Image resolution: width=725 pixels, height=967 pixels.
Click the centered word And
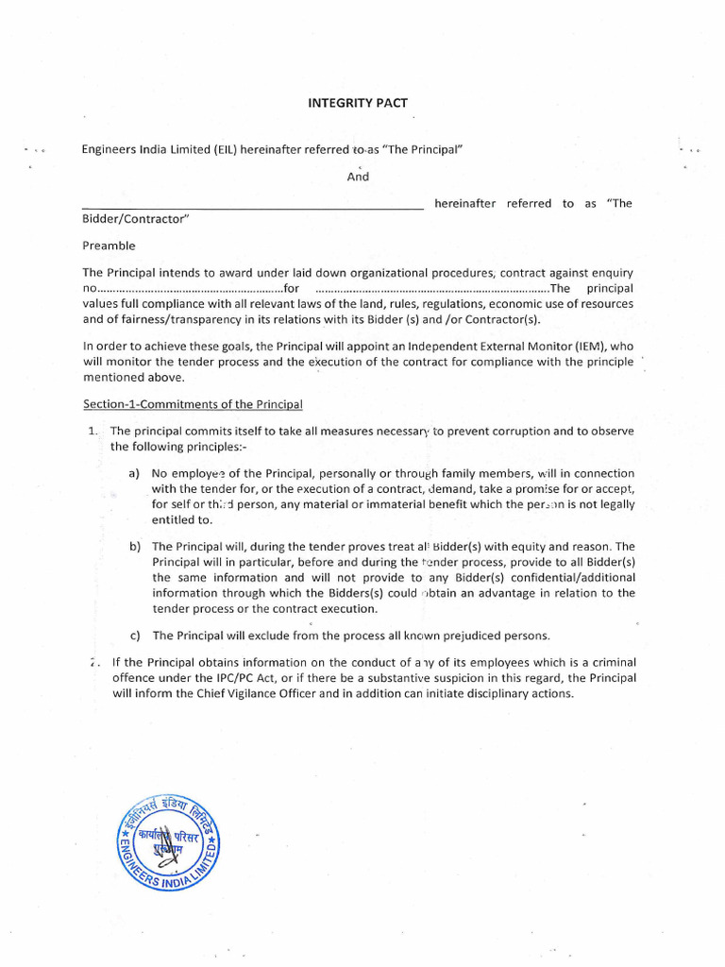(358, 177)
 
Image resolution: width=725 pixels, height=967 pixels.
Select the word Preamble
(109, 246)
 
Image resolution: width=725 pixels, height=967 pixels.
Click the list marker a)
(133, 473)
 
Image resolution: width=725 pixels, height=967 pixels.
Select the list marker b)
(133, 547)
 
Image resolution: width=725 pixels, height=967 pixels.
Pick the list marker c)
(133, 636)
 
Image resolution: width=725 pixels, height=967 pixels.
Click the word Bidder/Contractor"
(136, 220)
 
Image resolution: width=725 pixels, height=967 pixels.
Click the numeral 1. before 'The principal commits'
(93, 431)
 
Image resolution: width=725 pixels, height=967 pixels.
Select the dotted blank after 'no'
(190, 288)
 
